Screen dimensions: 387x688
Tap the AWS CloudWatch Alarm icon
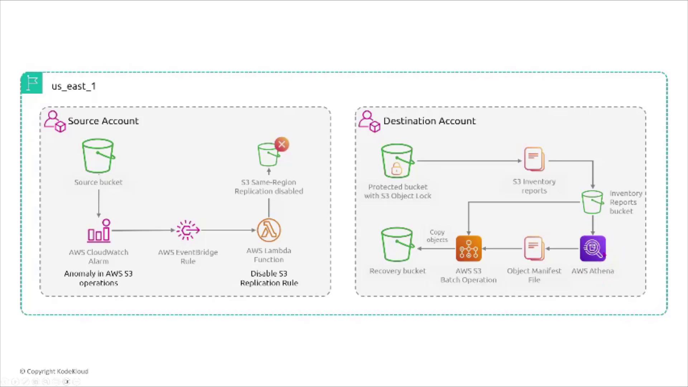coord(99,231)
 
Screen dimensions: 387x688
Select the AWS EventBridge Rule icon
coord(188,230)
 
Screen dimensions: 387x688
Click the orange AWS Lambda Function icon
coord(269,230)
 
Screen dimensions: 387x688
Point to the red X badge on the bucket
coord(282,144)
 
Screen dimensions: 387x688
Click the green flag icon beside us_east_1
coord(32,83)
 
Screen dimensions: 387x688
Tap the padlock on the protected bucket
coord(396,168)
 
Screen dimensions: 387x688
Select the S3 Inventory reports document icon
coord(534,159)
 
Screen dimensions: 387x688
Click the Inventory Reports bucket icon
coord(592,202)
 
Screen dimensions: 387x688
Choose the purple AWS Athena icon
coord(593,248)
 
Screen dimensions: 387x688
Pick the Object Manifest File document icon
coord(534,248)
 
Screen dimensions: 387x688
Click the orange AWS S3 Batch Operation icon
coord(469,248)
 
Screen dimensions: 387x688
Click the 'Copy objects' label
coord(437,236)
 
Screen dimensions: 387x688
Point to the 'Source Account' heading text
coord(103,121)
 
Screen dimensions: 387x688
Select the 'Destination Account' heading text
coord(429,121)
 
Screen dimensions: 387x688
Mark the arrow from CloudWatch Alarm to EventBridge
coord(143,230)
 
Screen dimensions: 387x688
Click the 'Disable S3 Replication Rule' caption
coord(269,278)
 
